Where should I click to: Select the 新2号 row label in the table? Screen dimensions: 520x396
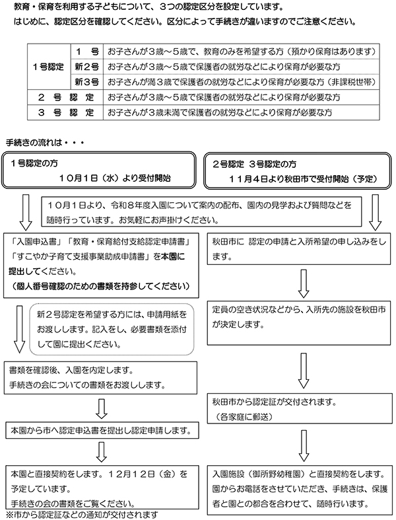click(x=86, y=67)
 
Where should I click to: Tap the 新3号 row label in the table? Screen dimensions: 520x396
click(x=86, y=82)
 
